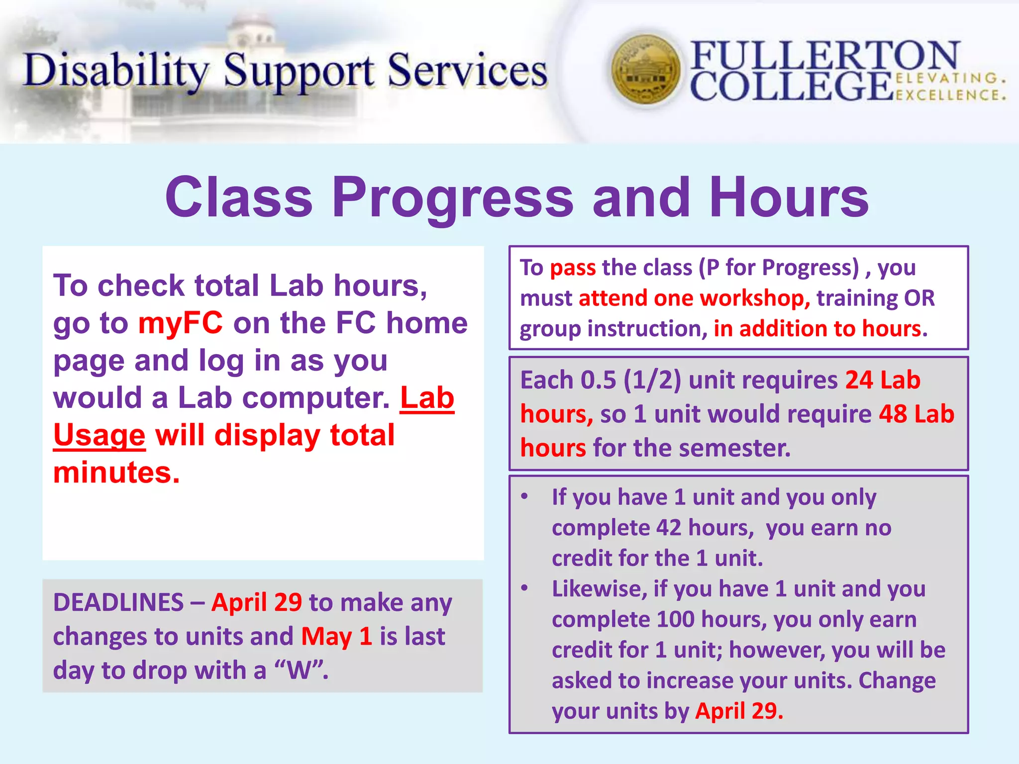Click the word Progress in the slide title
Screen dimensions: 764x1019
(x=453, y=198)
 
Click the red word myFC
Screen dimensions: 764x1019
(x=180, y=323)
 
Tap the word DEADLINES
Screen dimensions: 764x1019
(x=118, y=602)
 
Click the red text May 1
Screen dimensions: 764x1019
(x=336, y=636)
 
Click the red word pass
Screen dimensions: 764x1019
(x=573, y=268)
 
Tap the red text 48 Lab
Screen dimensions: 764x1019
(x=916, y=414)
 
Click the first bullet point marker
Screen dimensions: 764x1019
(x=524, y=496)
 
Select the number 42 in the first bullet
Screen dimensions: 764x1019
(x=668, y=528)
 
